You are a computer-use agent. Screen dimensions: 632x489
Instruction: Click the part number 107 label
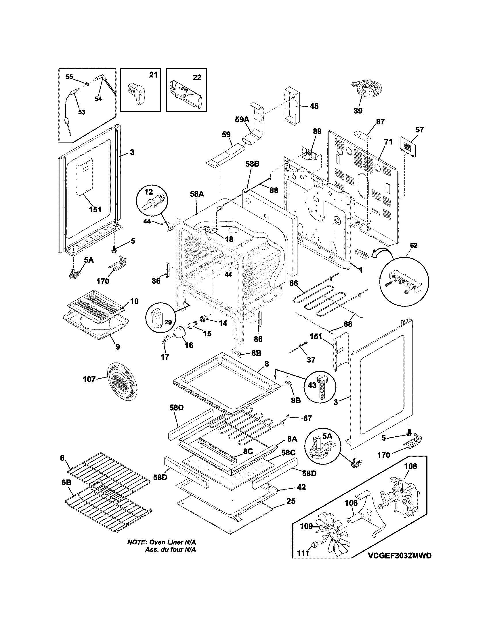click(89, 379)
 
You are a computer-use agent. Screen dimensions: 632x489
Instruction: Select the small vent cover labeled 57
click(409, 148)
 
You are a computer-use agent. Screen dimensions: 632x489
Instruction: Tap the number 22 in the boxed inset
click(197, 78)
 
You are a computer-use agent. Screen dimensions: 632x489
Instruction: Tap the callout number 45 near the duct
click(314, 106)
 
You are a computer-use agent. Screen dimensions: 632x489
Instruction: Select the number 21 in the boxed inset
click(153, 75)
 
